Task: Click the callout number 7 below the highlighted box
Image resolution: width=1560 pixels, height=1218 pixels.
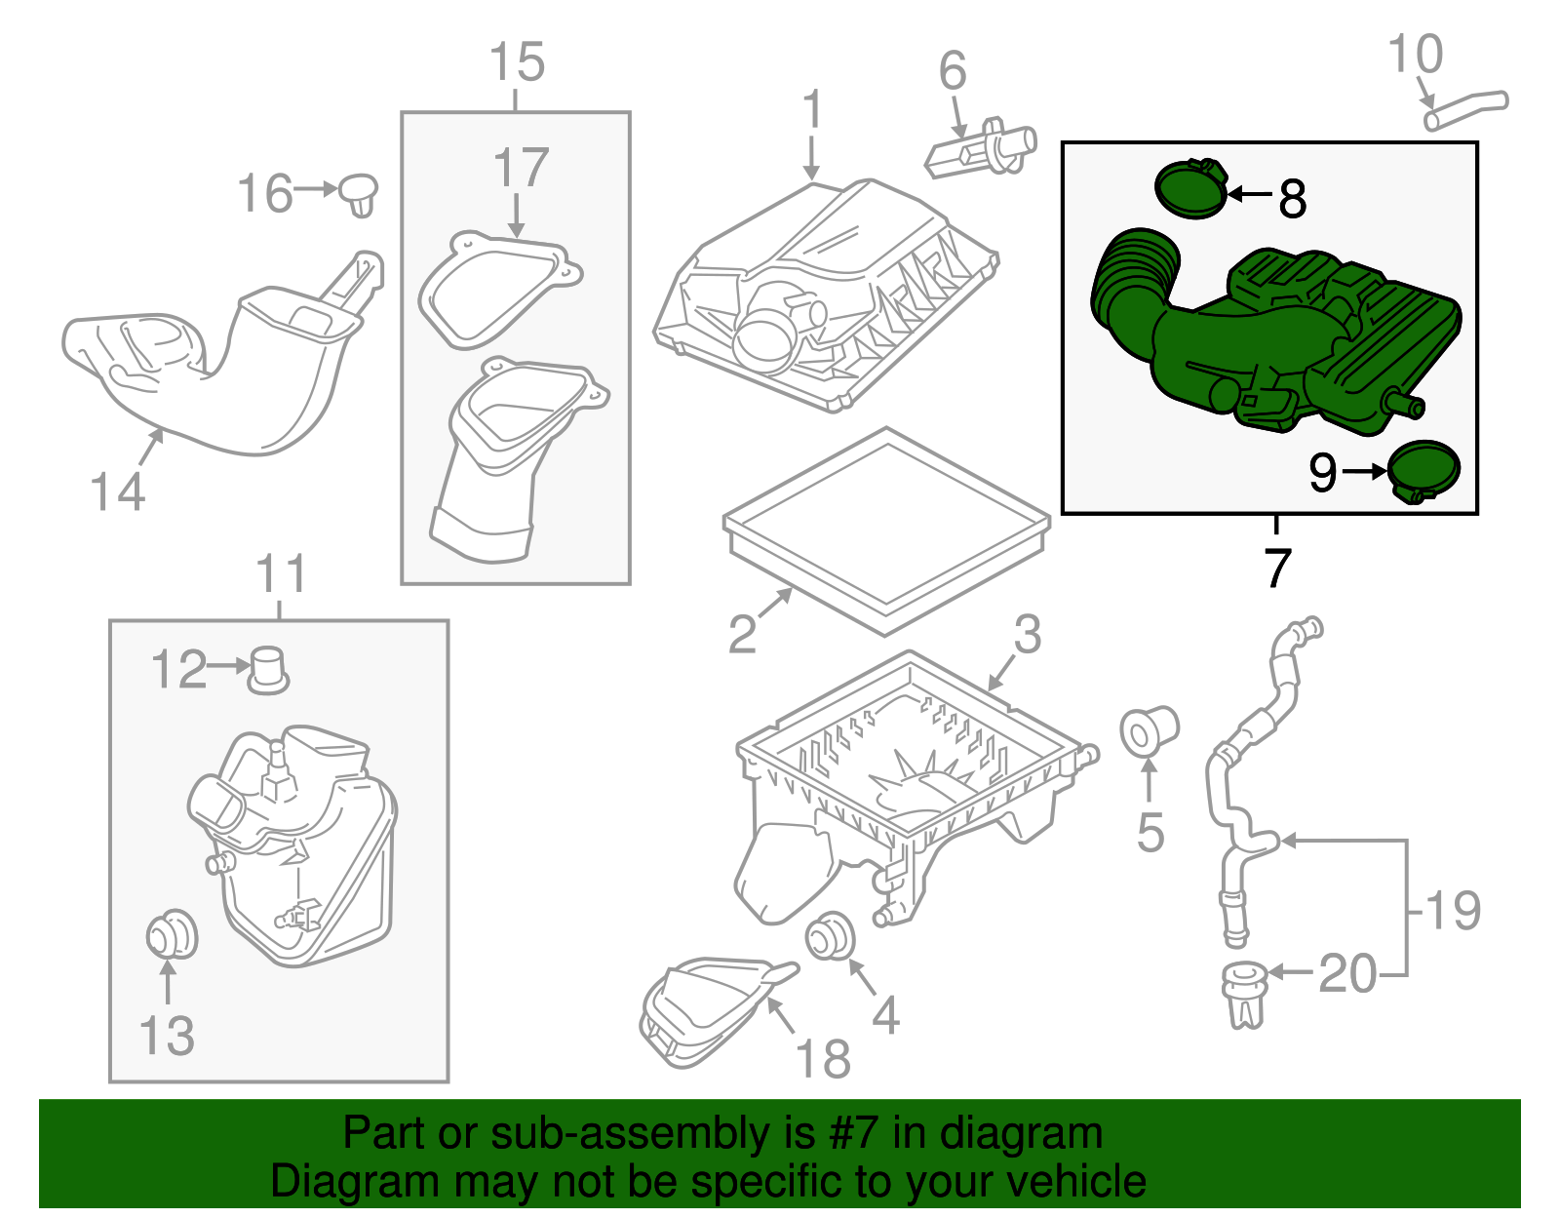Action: [x=1277, y=568]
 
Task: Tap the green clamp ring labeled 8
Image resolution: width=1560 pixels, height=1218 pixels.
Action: [x=1189, y=189]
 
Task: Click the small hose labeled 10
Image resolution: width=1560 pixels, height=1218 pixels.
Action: [x=1465, y=108]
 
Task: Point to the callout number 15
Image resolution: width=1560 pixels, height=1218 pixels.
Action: [x=516, y=63]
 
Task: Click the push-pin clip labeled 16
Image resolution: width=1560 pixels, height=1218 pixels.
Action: [x=359, y=194]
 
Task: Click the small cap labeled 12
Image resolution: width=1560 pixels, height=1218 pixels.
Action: [x=268, y=670]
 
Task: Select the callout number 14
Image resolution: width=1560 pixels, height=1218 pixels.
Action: [x=117, y=491]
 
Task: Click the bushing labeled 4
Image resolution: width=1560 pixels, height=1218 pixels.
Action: [x=831, y=935]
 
